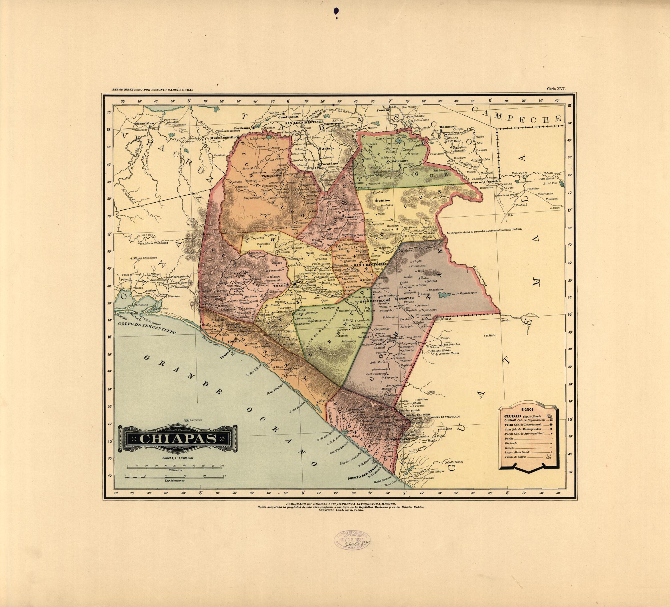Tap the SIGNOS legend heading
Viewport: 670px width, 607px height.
[x=528, y=410]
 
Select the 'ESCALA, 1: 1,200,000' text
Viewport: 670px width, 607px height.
[x=178, y=458]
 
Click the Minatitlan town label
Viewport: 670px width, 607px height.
[x=144, y=123]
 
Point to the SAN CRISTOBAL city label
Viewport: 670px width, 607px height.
[x=370, y=265]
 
